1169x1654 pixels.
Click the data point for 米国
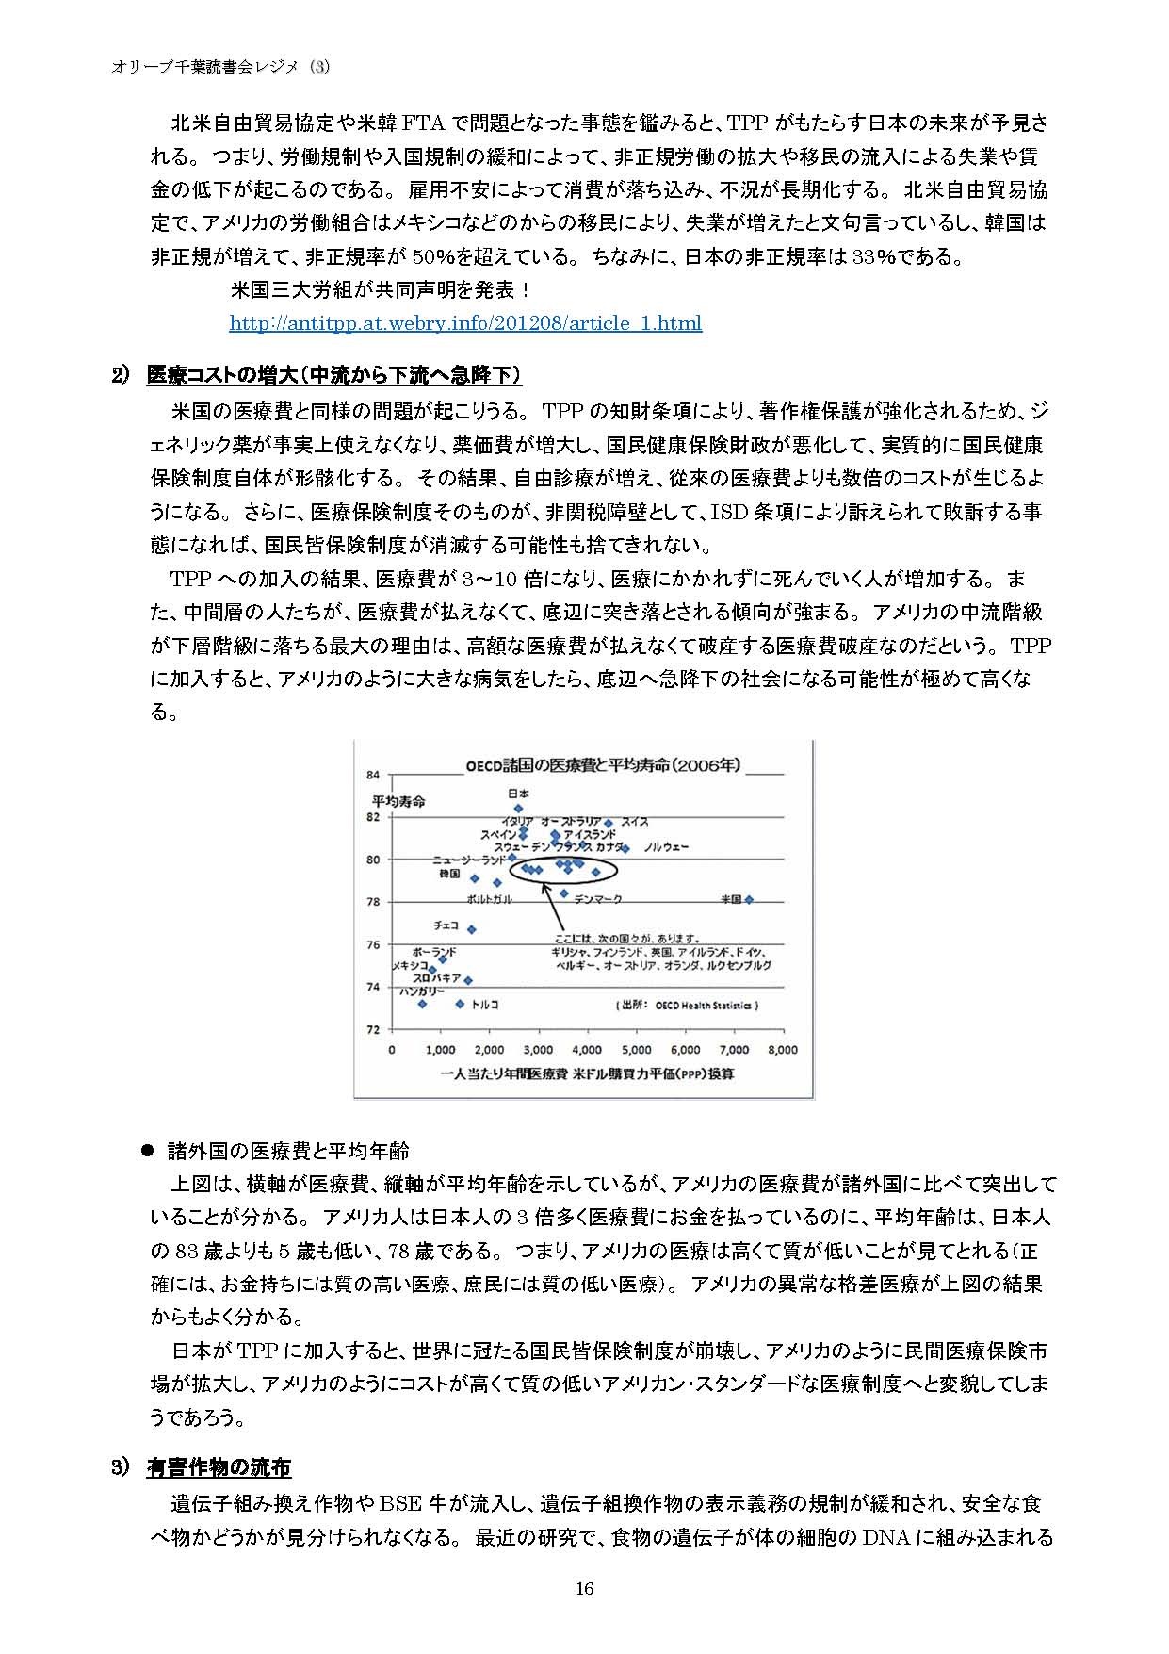click(x=750, y=900)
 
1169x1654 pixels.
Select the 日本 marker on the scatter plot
click(x=518, y=808)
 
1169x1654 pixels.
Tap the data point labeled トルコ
click(x=460, y=1004)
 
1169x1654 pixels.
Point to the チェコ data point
click(x=472, y=929)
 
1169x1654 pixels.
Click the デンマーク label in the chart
click(x=597, y=900)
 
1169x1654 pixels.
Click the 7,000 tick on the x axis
click(x=734, y=1050)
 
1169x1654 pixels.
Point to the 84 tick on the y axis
click(x=373, y=775)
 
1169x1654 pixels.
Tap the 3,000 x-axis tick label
click(x=538, y=1050)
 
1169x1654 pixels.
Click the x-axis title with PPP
click(x=586, y=1074)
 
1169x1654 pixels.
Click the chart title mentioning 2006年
click(x=603, y=764)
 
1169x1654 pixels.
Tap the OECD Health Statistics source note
click(x=688, y=1006)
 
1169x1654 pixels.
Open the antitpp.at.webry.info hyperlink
click(x=465, y=323)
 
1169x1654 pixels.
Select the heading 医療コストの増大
click(x=333, y=375)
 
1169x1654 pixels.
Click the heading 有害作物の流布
click(x=219, y=1467)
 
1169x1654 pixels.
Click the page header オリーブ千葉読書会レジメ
click(x=220, y=67)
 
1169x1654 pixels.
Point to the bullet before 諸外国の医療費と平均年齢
click(x=146, y=1150)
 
